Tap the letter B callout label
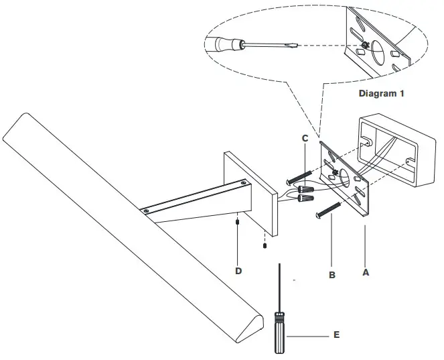331,274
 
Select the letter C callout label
305,138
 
